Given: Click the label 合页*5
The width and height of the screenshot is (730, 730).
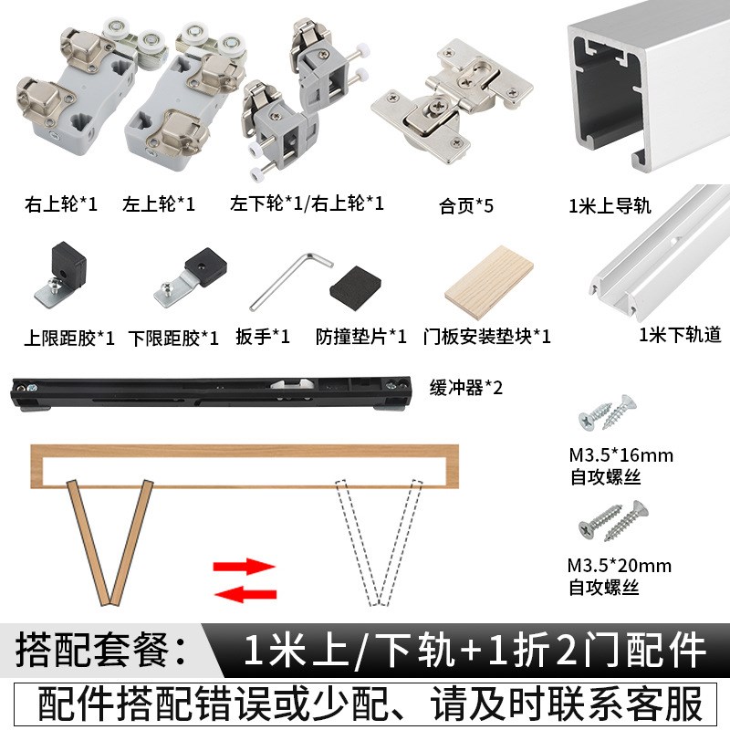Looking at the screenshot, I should (465, 205).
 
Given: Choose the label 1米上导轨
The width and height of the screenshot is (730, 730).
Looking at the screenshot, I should (609, 206).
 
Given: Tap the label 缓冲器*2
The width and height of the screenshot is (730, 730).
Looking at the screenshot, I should (466, 387).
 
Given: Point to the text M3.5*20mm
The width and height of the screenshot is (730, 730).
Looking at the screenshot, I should (620, 566).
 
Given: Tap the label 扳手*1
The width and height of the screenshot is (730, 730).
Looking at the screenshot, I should (262, 337).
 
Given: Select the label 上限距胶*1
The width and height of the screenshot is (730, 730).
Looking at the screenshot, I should (69, 339).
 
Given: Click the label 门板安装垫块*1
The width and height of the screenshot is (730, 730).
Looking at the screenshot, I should (487, 337).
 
